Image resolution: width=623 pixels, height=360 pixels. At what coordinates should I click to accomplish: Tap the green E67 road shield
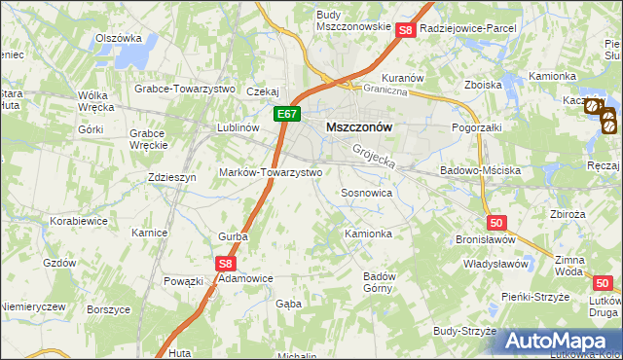[285, 115]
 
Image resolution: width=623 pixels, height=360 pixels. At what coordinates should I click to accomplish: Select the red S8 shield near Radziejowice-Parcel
[407, 30]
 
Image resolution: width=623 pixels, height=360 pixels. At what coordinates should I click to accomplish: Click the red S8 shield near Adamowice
[225, 263]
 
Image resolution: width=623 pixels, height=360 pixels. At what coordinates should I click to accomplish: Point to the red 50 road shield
[497, 222]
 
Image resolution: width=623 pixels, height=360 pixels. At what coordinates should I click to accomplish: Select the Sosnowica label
[366, 194]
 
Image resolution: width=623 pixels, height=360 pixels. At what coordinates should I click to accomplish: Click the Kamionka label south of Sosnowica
[368, 234]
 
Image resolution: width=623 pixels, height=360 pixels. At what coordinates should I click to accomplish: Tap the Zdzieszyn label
[172, 177]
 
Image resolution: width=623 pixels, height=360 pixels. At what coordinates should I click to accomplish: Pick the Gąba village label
[288, 304]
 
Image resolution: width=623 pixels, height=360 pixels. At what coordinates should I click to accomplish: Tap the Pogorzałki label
[477, 127]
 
